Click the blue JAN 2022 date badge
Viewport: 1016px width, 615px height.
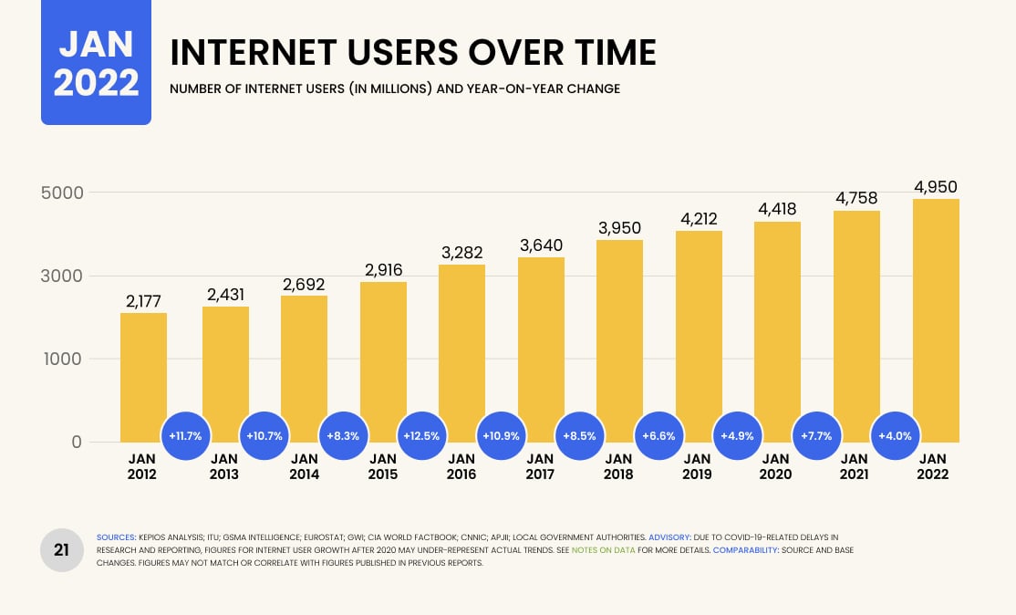click(x=96, y=62)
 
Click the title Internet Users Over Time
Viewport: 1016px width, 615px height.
click(x=413, y=53)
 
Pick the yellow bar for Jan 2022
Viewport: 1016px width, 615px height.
click(x=935, y=320)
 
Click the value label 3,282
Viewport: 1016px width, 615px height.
click(x=461, y=252)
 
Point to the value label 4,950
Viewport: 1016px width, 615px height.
click(x=935, y=187)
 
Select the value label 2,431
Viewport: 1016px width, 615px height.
click(x=225, y=295)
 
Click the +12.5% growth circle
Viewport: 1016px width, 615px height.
click(x=422, y=435)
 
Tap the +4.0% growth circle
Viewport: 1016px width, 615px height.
click(x=896, y=435)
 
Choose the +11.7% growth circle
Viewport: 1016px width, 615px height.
click(x=186, y=435)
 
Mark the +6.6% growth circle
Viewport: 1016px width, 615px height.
click(x=658, y=435)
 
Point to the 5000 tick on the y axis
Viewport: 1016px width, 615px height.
click(x=62, y=193)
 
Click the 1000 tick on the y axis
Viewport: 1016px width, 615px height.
click(x=62, y=359)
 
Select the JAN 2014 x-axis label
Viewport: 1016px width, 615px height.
click(x=304, y=466)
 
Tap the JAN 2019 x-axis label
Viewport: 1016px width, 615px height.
click(x=698, y=466)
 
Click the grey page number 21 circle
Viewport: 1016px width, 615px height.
click(x=62, y=549)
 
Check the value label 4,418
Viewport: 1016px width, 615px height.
click(x=777, y=210)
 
